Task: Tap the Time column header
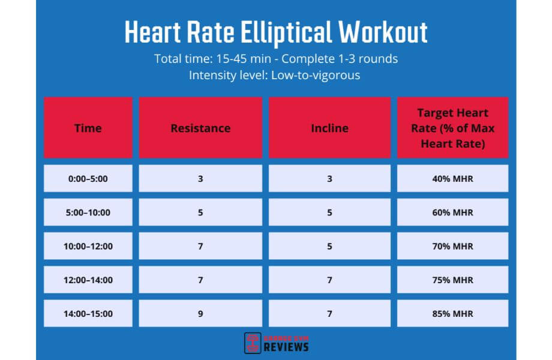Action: pos(88,128)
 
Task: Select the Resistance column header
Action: pos(200,128)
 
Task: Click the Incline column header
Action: pos(329,128)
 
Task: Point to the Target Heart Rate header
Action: pos(452,128)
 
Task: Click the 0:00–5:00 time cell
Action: pos(88,178)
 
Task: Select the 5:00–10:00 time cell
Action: pos(88,212)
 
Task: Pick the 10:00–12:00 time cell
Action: pos(88,246)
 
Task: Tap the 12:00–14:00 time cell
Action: pos(88,280)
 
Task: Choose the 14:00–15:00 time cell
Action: pos(88,313)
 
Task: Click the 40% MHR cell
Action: pos(452,178)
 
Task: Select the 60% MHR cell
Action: pos(452,212)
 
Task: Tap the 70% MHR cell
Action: pos(452,246)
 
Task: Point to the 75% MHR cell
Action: pos(452,280)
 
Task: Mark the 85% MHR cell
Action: pos(452,313)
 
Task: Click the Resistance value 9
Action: pos(200,313)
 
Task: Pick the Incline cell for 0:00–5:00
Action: pos(329,178)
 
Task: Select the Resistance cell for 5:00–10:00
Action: pos(200,212)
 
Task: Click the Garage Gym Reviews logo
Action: pos(277,343)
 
